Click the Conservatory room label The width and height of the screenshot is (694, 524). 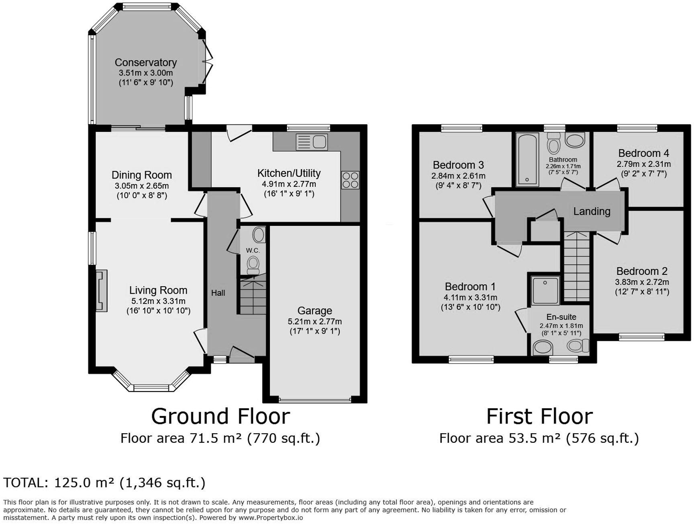point(145,62)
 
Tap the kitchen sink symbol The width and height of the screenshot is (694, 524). point(312,142)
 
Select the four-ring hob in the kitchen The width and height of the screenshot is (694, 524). point(350,180)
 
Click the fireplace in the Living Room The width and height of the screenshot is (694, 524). point(101,291)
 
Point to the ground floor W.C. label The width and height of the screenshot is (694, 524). point(253,250)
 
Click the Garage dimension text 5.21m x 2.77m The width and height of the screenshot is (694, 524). point(314,321)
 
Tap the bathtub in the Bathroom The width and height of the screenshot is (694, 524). point(527,160)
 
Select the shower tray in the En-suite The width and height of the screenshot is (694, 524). point(545,290)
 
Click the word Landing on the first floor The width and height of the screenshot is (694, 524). point(592,211)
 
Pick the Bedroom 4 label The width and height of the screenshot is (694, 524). point(643,153)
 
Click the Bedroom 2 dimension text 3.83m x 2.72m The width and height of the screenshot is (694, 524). point(642,282)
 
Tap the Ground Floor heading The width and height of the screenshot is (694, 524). point(220,416)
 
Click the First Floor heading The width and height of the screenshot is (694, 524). point(539,416)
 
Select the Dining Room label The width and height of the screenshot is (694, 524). point(141,175)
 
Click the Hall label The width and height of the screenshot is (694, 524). point(218,293)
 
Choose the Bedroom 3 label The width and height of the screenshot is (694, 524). point(458,165)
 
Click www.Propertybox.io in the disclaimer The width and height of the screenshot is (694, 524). point(271,518)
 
